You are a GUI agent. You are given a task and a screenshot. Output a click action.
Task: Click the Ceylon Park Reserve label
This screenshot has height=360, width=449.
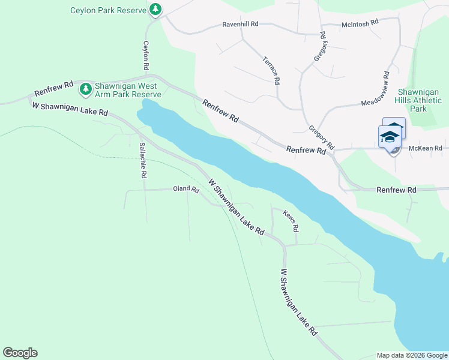click(x=108, y=10)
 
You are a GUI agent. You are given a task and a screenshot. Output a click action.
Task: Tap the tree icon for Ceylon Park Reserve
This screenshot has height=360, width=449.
click(x=155, y=10)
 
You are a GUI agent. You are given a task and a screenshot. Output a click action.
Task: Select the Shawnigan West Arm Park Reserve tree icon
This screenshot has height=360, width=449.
click(x=86, y=89)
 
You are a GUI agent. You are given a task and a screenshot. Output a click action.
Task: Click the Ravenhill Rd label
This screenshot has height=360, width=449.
click(x=240, y=24)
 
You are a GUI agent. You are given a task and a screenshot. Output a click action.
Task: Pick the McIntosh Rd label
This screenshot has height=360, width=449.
click(x=360, y=22)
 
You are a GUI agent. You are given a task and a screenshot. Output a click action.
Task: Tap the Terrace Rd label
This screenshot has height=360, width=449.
click(x=271, y=70)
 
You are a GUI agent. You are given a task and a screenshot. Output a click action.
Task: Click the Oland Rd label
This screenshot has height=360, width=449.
click(x=185, y=189)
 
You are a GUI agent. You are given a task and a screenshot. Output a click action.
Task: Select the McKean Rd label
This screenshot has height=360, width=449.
click(x=425, y=148)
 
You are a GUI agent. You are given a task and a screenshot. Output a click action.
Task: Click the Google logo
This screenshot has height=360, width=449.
click(x=20, y=353)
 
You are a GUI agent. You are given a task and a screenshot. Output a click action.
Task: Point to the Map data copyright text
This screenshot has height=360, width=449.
click(x=411, y=355)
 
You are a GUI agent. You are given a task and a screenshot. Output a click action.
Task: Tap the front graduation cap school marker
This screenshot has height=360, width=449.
click(x=389, y=137)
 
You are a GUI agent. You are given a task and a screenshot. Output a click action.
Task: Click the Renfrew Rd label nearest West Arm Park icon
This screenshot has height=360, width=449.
click(x=53, y=88)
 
